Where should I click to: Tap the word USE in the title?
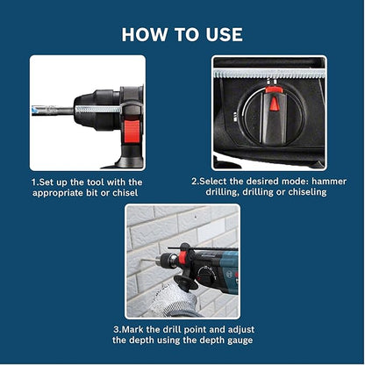[x=220, y=34]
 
